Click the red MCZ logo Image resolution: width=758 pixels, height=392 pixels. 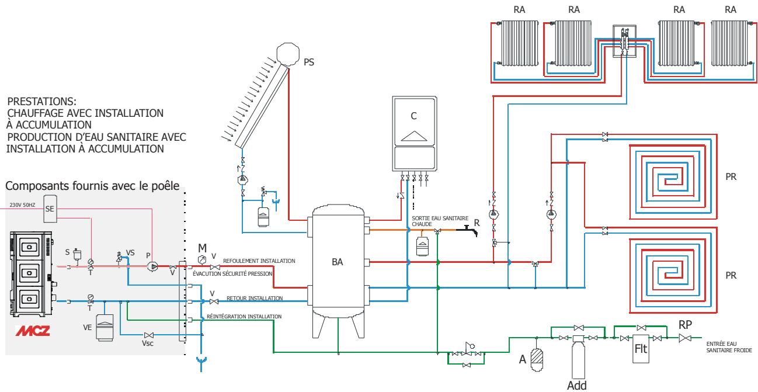pos(33,331)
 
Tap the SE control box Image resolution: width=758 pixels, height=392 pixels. pos(50,209)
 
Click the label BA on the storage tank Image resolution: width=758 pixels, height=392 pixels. pos(338,262)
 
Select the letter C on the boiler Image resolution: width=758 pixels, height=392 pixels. pos(413,116)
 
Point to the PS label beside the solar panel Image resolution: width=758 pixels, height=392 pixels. pos(308,63)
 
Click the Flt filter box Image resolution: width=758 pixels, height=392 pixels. pos(641,349)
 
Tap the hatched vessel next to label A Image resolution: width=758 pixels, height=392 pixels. pos(537,358)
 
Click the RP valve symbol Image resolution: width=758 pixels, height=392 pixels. pos(685,338)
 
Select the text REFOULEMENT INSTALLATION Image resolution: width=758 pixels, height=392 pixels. pos(259,261)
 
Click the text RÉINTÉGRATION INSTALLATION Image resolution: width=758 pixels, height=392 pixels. pos(244,317)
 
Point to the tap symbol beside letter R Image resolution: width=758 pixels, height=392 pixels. pos(467,231)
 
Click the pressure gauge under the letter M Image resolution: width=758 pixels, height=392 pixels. pos(201,260)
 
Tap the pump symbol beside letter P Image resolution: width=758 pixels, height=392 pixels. pos(152,267)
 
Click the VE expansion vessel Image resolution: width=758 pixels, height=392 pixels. pos(105,327)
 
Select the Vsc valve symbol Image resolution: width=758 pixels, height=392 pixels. pos(148,335)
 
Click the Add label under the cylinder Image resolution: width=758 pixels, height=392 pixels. pos(577,386)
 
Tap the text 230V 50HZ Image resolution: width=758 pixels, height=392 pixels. pos(22,205)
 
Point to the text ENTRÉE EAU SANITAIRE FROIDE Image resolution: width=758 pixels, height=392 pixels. pos(729,347)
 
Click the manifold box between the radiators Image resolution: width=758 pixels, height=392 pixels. pos(625,41)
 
